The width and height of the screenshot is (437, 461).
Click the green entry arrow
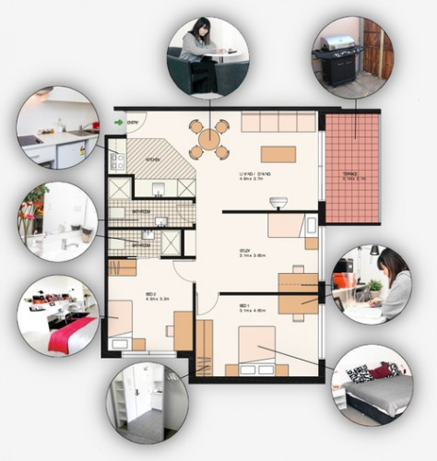point(119,121)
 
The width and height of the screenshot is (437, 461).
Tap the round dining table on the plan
point(209,139)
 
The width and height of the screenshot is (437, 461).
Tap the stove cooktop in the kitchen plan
point(117,160)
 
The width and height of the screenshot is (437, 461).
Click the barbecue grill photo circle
point(351,55)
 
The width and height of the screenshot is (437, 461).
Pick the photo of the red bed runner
point(57,316)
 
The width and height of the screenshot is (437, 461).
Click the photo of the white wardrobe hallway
point(147,401)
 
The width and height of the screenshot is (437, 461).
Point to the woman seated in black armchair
point(207,56)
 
